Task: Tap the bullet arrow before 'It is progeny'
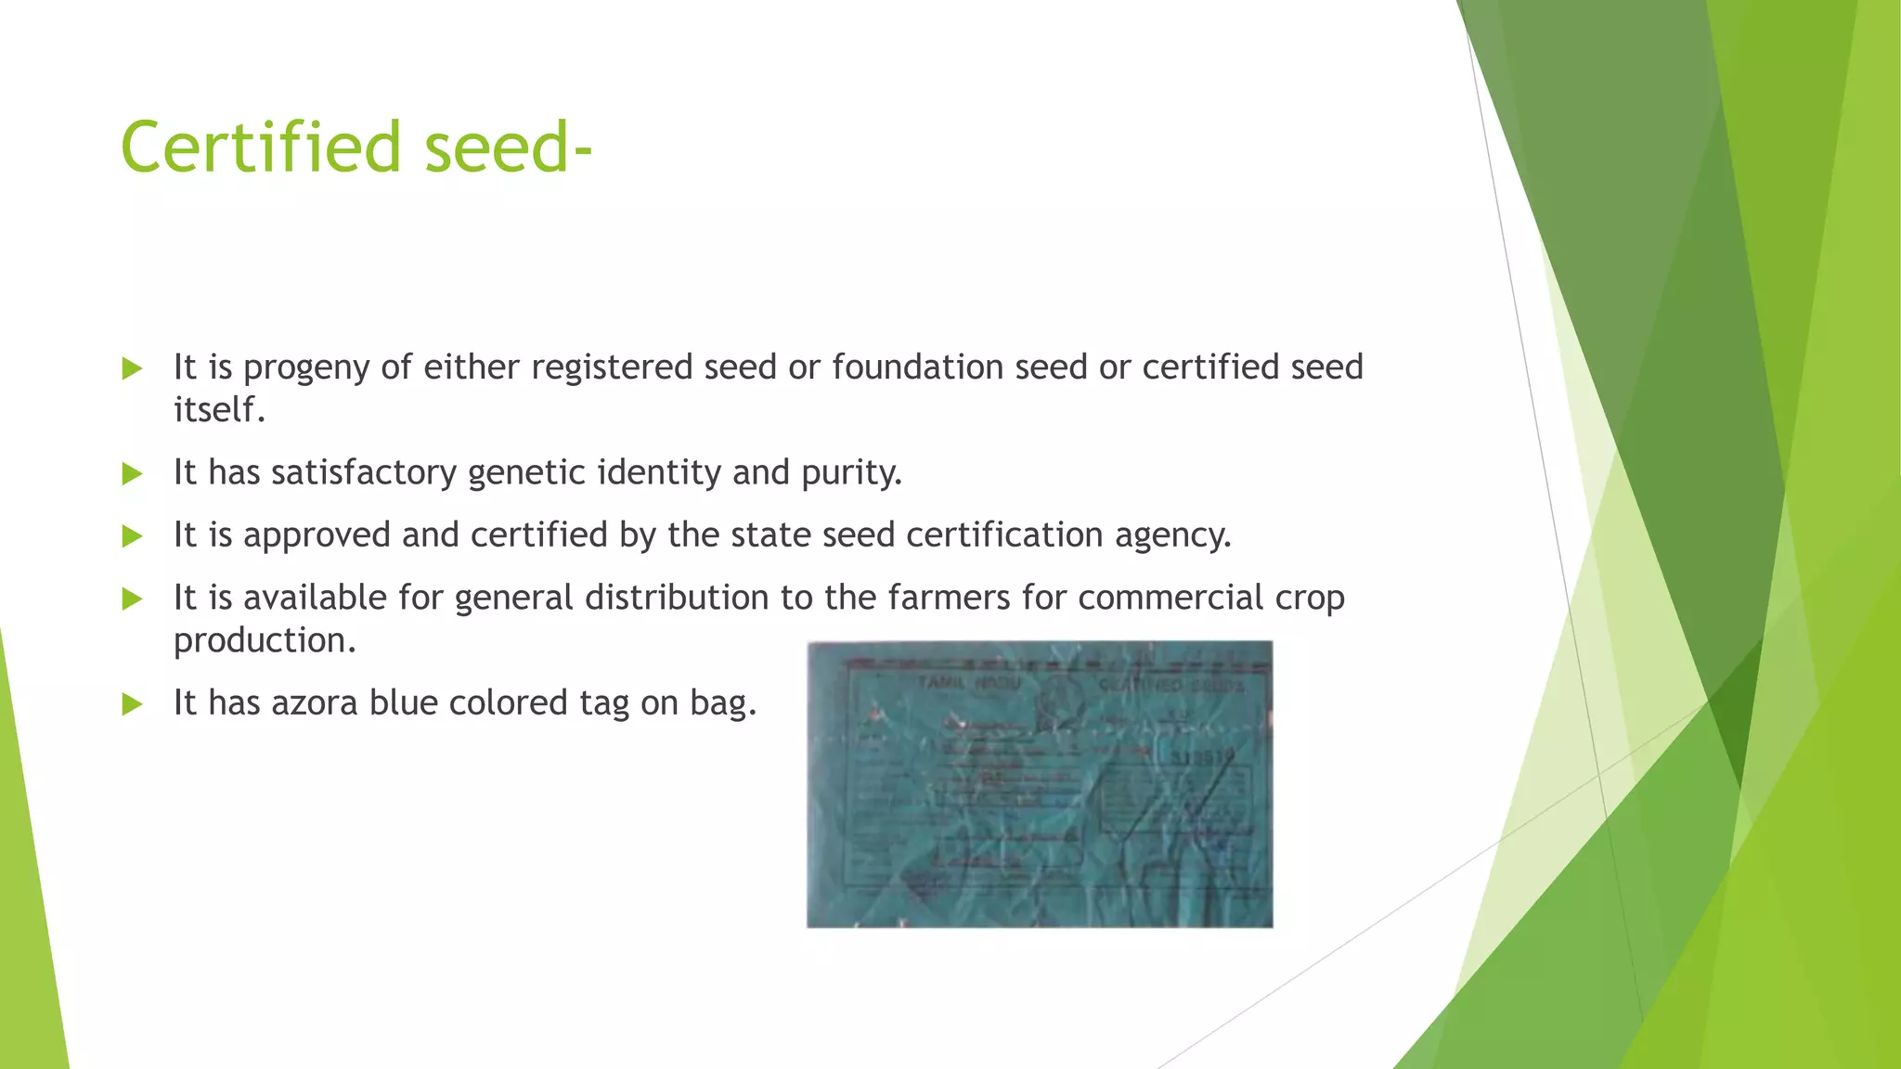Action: point(133,369)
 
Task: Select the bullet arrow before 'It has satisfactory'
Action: point(133,474)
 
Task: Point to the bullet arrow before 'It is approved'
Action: point(133,536)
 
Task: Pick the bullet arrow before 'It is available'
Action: point(133,599)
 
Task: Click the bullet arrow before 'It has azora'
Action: point(133,704)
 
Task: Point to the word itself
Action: point(219,409)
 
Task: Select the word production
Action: point(265,640)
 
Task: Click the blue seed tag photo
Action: point(1040,784)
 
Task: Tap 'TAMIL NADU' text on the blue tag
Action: point(968,683)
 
